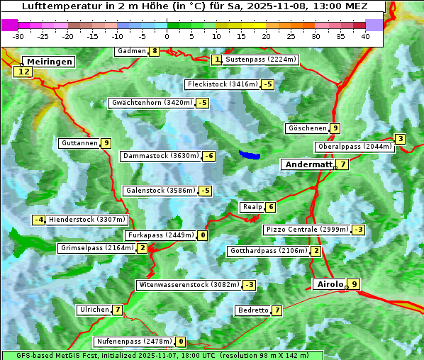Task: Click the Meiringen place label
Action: (x=48, y=62)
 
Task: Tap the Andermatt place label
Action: (x=308, y=164)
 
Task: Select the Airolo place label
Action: (x=330, y=284)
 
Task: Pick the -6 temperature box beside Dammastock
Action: (x=208, y=156)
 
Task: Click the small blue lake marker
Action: (x=249, y=154)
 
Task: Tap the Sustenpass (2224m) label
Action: (x=256, y=60)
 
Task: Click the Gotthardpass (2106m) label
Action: (x=269, y=251)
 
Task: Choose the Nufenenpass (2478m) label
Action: (x=134, y=342)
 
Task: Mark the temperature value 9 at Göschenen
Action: (x=335, y=128)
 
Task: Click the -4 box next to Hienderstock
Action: (x=39, y=220)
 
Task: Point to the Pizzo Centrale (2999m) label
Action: (x=307, y=230)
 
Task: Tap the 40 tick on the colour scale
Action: (x=364, y=36)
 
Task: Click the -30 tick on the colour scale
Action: (x=18, y=36)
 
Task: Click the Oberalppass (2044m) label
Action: (x=355, y=147)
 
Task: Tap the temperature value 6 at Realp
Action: (x=270, y=207)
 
